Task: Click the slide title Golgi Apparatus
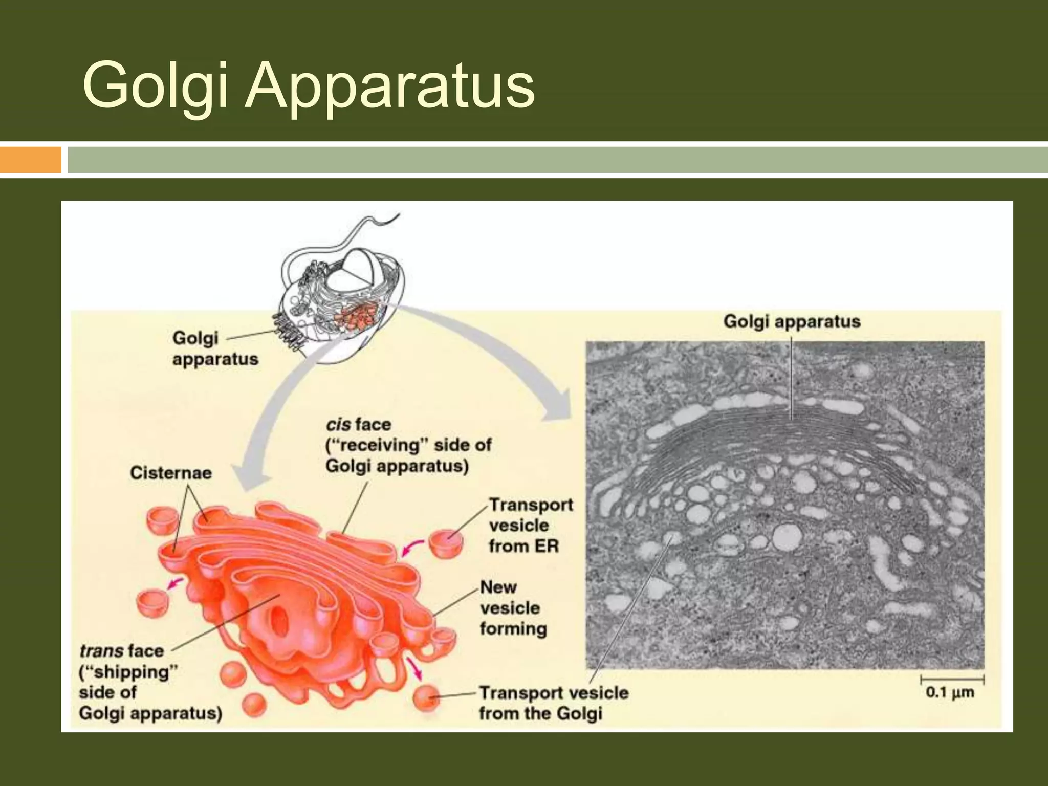pos(309,85)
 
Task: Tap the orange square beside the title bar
pos(30,160)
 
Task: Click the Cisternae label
pos(170,472)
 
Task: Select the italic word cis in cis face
pos(338,424)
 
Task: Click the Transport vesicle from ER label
pos(530,526)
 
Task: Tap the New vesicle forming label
pos(513,608)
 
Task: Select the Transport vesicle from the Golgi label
pos(553,703)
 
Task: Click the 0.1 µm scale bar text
pos(950,693)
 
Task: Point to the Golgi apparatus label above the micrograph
pos(792,321)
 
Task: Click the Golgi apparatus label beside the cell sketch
pos(215,348)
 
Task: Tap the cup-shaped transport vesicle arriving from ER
pos(445,543)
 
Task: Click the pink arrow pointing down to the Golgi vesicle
pos(414,669)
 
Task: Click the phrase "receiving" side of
pos(408,445)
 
